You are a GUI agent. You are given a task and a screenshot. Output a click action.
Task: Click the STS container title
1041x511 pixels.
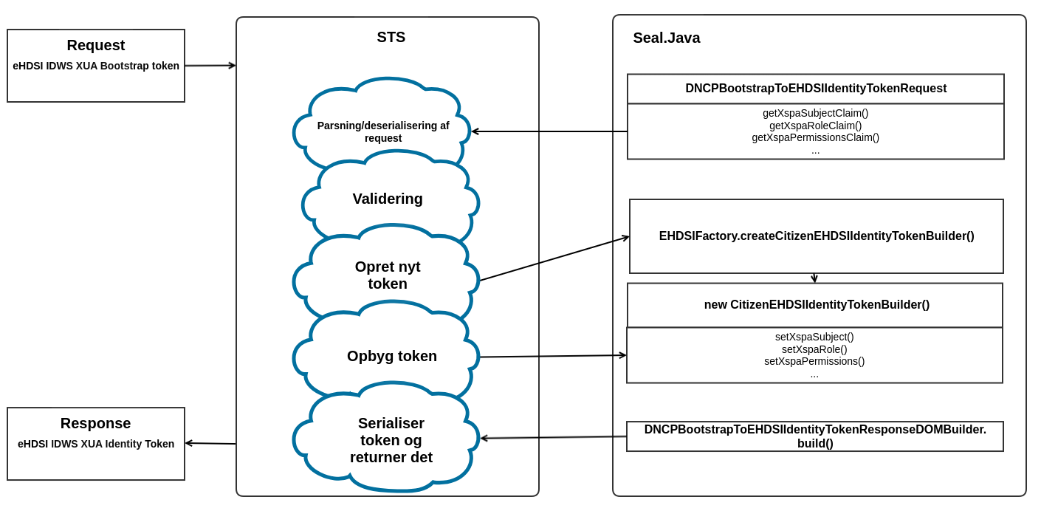[x=391, y=38]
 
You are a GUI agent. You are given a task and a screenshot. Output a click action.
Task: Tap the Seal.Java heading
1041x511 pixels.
[x=666, y=38]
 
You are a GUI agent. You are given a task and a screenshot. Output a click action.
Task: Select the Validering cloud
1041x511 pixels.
[x=388, y=199]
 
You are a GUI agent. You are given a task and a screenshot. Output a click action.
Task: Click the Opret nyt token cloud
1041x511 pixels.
[x=388, y=275]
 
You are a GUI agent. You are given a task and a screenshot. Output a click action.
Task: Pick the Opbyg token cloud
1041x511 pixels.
[x=391, y=356]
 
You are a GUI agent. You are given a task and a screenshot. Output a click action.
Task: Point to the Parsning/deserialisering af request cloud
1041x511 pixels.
[x=383, y=131]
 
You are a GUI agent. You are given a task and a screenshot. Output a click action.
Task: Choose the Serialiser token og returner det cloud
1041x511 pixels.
[x=391, y=440]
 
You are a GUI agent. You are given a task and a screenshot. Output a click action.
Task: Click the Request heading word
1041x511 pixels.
[x=96, y=46]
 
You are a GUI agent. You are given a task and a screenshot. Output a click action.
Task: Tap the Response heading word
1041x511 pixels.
[x=95, y=424]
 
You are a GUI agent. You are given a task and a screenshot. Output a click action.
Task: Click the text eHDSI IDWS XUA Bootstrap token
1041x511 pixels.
[x=96, y=66]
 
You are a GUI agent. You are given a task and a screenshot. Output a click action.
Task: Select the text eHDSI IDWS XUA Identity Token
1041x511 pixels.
[x=96, y=444]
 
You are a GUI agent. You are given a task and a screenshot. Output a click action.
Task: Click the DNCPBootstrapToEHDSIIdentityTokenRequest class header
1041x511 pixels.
[x=815, y=89]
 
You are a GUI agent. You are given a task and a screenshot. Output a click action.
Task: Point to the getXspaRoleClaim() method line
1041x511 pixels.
[x=815, y=126]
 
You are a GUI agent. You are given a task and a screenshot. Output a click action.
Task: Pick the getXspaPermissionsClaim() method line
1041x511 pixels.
[x=815, y=137]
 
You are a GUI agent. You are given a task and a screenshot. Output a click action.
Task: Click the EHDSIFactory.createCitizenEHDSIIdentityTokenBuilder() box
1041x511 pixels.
[x=816, y=236]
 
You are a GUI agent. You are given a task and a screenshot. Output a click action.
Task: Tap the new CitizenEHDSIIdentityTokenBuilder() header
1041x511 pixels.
[x=816, y=305]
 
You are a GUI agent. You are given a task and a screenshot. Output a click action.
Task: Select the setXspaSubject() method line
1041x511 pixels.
[x=814, y=337]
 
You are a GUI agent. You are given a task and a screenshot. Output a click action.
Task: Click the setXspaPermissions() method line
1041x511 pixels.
[x=814, y=361]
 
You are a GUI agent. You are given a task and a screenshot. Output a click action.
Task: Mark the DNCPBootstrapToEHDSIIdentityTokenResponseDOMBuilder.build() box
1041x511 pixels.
[x=814, y=436]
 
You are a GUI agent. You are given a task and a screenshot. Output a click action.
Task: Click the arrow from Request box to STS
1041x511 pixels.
[x=210, y=66]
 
